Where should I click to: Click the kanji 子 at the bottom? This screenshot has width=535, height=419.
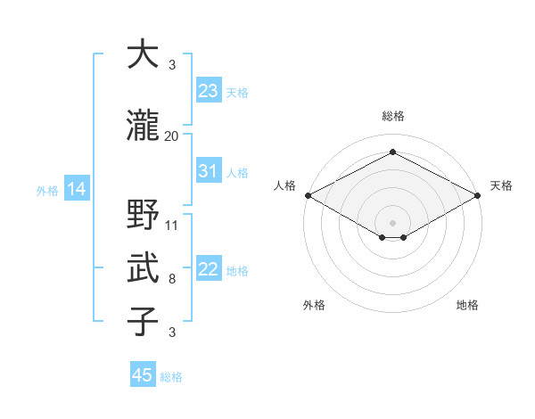tap(144, 322)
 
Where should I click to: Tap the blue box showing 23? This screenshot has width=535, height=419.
tap(208, 91)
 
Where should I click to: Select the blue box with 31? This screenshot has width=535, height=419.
tap(208, 171)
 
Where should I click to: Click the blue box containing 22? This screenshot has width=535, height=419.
tap(208, 270)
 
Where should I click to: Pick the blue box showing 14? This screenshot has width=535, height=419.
tap(76, 189)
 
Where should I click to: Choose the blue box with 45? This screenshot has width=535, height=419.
tap(142, 375)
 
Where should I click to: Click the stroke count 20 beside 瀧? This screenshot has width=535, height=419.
tap(172, 136)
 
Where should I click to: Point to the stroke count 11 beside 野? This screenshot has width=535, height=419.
tap(172, 225)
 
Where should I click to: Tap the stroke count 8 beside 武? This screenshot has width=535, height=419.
tap(172, 279)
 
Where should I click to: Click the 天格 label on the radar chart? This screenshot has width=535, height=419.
tap(501, 185)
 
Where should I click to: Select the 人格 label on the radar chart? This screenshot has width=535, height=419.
tap(285, 185)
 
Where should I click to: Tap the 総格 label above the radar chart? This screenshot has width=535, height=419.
tap(392, 116)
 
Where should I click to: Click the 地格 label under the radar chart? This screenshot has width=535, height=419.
tap(467, 305)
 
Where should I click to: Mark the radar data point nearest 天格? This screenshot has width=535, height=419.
tap(479, 195)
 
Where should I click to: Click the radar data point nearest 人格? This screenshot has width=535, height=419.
tap(307, 195)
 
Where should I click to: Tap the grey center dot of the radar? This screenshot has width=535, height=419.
tap(392, 221)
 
